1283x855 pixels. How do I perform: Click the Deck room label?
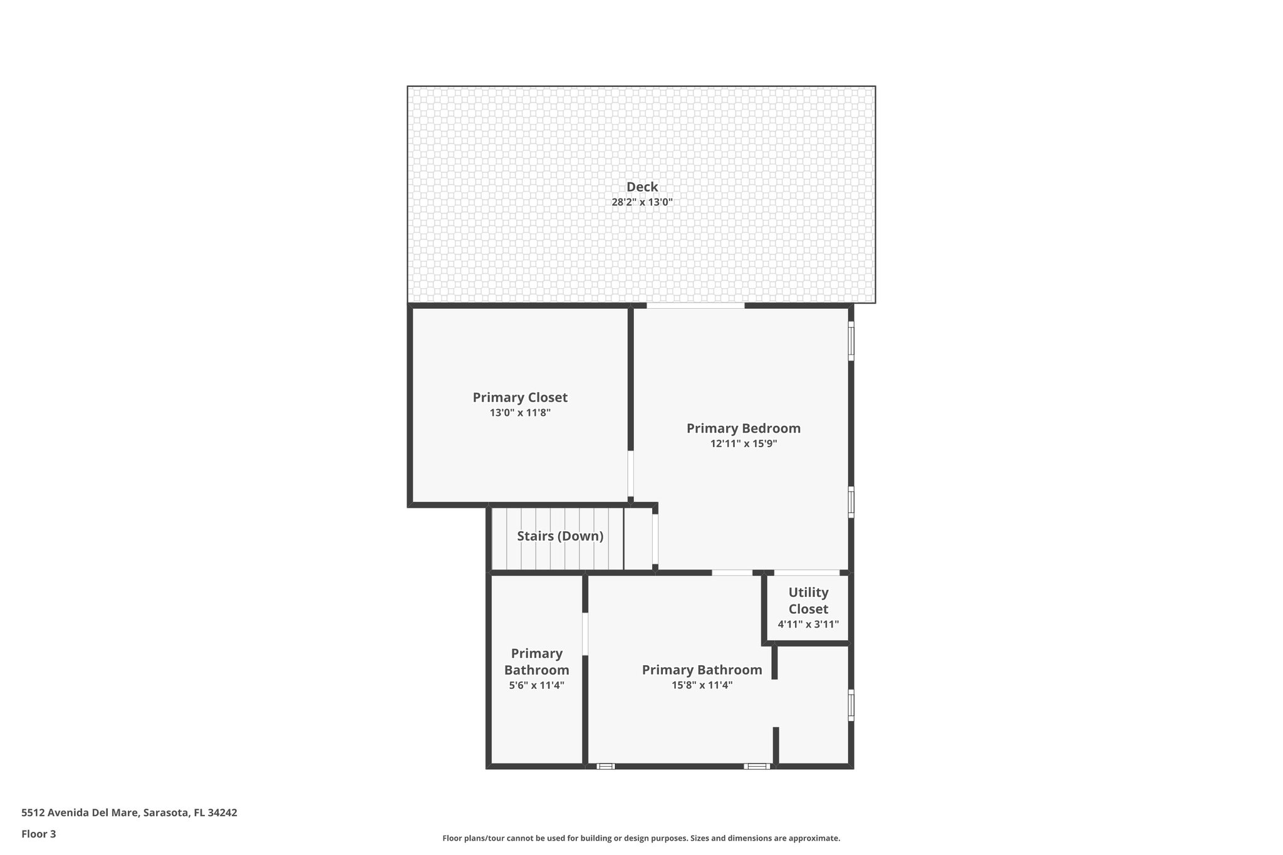tap(642, 187)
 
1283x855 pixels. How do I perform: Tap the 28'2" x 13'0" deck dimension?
tap(642, 202)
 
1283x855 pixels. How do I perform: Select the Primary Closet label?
tap(520, 398)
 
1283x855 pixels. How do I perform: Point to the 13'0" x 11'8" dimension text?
tap(520, 413)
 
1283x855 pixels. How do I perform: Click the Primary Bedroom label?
tap(744, 428)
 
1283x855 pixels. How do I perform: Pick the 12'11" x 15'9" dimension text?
tap(744, 443)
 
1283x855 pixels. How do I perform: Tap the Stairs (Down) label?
tap(560, 536)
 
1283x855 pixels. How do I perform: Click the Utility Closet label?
tap(808, 601)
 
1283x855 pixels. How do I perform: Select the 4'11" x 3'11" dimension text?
tap(808, 624)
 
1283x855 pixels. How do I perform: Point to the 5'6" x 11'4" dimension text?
tap(537, 685)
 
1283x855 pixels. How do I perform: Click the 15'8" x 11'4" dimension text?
tap(702, 685)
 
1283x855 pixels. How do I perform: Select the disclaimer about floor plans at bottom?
tap(641, 838)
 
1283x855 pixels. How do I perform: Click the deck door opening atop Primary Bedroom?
tap(695, 306)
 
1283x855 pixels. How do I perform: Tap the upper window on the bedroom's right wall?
tap(851, 341)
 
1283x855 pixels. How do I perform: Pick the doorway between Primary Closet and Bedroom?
tap(631, 474)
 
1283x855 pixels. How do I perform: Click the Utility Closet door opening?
tap(807, 573)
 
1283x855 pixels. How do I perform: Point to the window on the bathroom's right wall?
tap(851, 705)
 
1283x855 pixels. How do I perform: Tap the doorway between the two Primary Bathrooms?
tap(585, 634)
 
